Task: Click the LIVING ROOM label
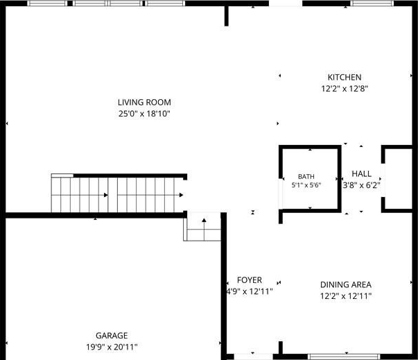pos(144,102)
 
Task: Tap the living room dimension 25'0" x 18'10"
pos(144,114)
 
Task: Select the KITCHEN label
pos(345,77)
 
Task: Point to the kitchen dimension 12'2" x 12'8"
pos(345,89)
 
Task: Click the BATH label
pos(306,177)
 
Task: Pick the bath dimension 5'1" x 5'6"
pos(306,185)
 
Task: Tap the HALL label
pos(361,173)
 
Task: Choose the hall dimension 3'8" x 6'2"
pos(361,185)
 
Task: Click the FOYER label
pos(250,280)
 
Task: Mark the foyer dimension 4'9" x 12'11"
pos(250,291)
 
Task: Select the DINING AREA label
pos(346,284)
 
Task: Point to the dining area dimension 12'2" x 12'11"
pos(346,296)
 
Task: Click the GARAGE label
pos(112,336)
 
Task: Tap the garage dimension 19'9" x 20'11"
pos(112,347)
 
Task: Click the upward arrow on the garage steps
pos(204,230)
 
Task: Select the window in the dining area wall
pos(344,357)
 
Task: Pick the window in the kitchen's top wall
pos(372,3)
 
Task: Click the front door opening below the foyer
pos(253,357)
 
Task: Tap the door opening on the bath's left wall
pos(280,194)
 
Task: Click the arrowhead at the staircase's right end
pos(182,195)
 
